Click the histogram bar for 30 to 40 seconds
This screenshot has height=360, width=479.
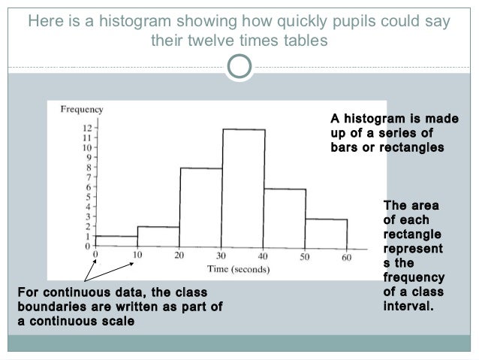point(243,188)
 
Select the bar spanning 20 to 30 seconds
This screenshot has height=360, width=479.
point(200,207)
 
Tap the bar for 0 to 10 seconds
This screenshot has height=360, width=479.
point(116,241)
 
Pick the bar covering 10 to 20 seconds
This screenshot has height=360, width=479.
point(158,237)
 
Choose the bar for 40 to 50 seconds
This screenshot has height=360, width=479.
point(285,217)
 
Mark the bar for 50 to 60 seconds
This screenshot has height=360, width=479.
point(326,232)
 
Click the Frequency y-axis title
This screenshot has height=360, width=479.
point(81,109)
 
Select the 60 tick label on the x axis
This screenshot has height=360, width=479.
point(346,257)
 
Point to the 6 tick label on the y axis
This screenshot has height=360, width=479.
point(89,187)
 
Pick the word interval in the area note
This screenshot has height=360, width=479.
point(406,307)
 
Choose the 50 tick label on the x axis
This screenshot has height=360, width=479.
point(305,257)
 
